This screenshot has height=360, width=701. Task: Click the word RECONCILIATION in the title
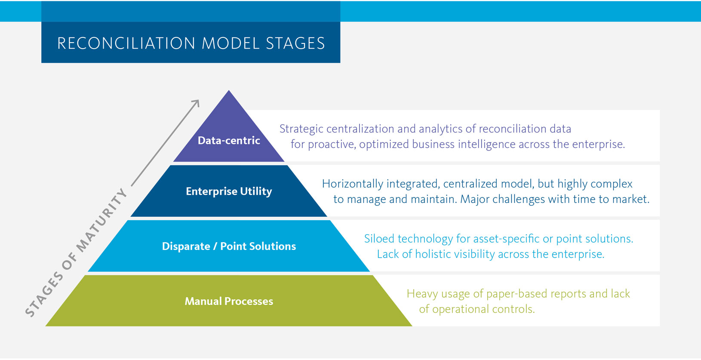[x=126, y=43]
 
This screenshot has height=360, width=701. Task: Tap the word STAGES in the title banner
[x=295, y=43]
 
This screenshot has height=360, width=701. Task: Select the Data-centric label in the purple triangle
[x=229, y=141]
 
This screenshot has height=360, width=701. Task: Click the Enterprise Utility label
[x=229, y=191]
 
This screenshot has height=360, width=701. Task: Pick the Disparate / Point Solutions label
[x=229, y=246]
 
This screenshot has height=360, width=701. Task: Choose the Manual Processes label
[x=229, y=302]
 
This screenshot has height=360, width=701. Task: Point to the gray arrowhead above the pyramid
[x=196, y=103]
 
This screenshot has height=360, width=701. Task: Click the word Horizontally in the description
[x=352, y=184]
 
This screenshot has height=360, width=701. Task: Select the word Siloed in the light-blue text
[x=379, y=239]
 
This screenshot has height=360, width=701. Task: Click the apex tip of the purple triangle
[x=229, y=92]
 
